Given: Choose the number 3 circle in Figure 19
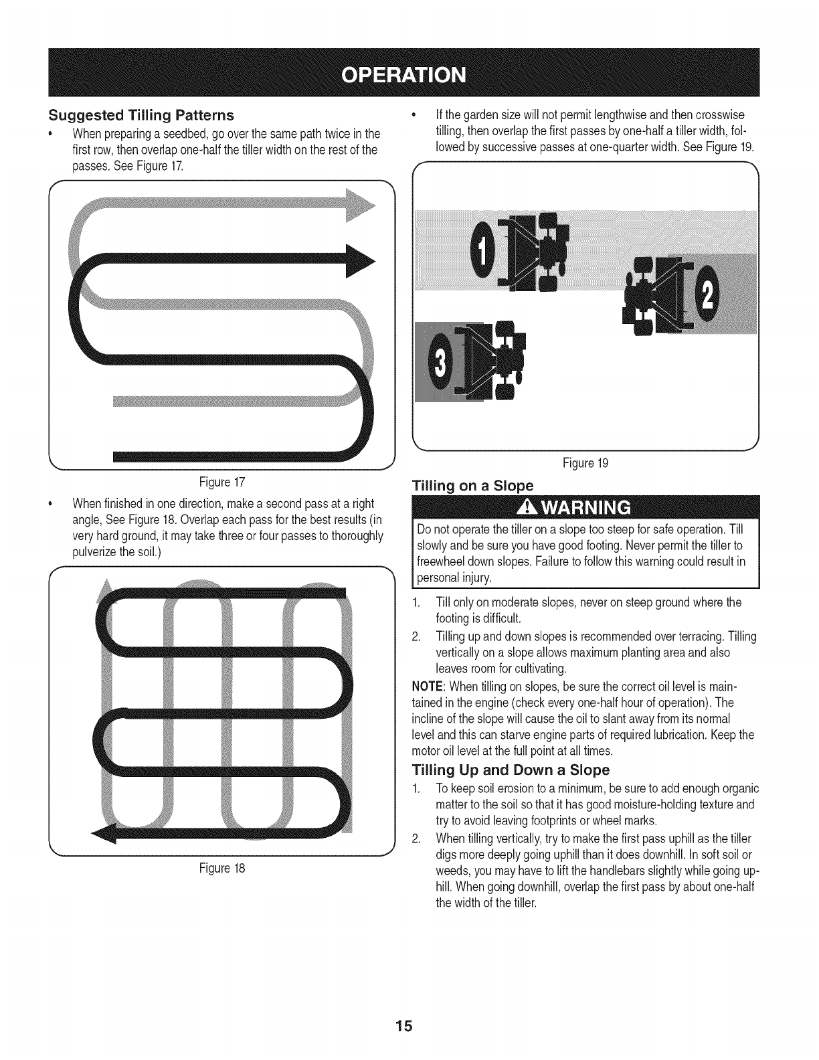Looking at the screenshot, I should (x=440, y=363).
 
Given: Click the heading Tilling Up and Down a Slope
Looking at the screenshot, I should (x=511, y=769).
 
